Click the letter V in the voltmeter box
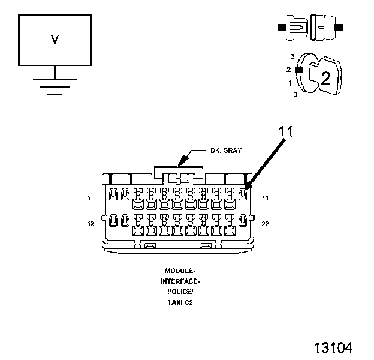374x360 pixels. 55,40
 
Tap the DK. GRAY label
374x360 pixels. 225,151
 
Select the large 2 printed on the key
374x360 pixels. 325,77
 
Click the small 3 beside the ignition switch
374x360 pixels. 292,56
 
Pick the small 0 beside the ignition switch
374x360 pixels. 294,94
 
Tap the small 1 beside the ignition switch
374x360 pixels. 291,83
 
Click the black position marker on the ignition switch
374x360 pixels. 298,70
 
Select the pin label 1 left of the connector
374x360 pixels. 89,197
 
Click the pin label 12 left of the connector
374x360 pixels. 91,224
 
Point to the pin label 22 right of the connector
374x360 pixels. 264,224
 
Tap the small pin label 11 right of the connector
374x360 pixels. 264,197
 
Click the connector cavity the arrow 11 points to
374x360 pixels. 243,194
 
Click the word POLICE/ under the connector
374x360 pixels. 179,292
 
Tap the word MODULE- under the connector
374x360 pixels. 179,271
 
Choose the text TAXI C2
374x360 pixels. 179,302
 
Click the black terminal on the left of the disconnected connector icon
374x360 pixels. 280,28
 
